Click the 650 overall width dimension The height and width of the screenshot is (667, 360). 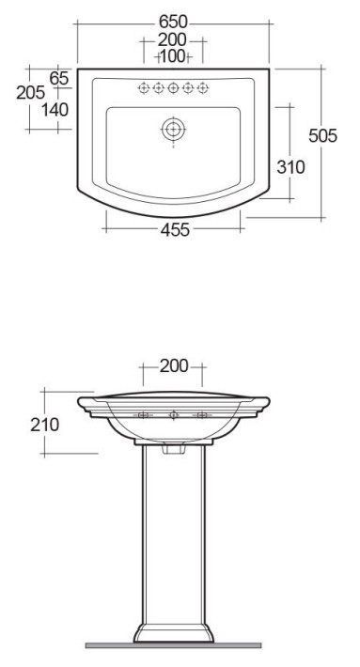(173, 22)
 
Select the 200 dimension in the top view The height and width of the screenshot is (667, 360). (172, 40)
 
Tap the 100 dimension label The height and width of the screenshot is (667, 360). (173, 56)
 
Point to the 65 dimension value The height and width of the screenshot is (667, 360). (59, 78)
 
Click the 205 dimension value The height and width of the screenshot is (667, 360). (31, 92)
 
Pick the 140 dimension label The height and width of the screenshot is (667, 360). (55, 110)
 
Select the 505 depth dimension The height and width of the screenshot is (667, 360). (322, 135)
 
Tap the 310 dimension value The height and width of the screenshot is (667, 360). (290, 167)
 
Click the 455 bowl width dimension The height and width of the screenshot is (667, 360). (175, 230)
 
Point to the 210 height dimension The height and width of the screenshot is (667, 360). (45, 425)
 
